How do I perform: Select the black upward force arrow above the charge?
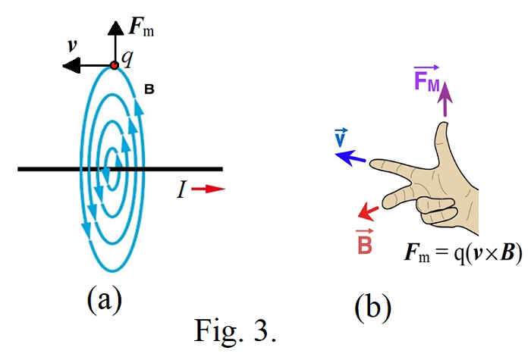coord(114,42)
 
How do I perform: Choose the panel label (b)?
coord(372,306)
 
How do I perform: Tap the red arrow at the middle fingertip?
coord(369,210)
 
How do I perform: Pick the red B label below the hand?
coord(364,242)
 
